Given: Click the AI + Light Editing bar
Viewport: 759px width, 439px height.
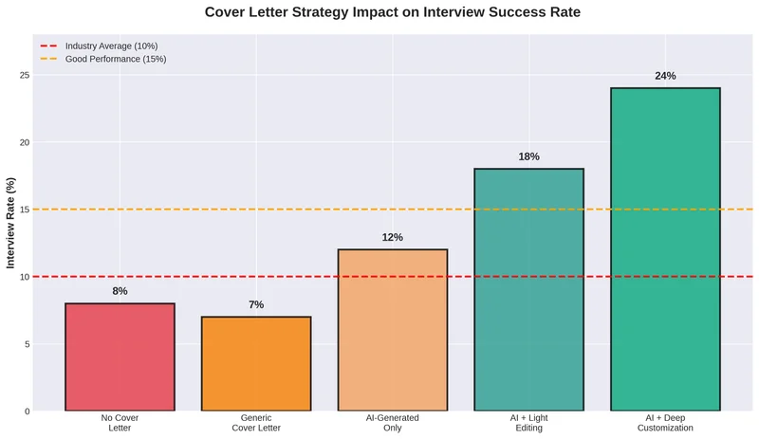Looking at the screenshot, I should click(528, 289).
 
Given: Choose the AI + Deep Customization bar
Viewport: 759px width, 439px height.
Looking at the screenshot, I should click(665, 248).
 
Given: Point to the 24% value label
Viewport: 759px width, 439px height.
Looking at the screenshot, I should click(665, 76).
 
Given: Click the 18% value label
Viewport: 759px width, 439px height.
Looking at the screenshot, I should click(528, 156).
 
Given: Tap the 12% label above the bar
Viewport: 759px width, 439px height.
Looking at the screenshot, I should click(393, 237).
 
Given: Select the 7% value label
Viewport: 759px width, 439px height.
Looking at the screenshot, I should click(256, 304).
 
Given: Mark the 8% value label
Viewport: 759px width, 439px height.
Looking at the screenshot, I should click(120, 291).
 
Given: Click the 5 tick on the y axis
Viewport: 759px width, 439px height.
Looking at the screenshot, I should click(27, 344).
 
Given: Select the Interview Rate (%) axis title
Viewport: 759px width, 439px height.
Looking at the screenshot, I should click(10, 223).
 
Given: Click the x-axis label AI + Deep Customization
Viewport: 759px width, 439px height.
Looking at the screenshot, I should click(665, 423).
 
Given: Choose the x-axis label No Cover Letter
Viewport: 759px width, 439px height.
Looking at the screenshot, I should click(120, 423).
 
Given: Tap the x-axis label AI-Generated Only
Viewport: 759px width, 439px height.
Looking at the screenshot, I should click(393, 423).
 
